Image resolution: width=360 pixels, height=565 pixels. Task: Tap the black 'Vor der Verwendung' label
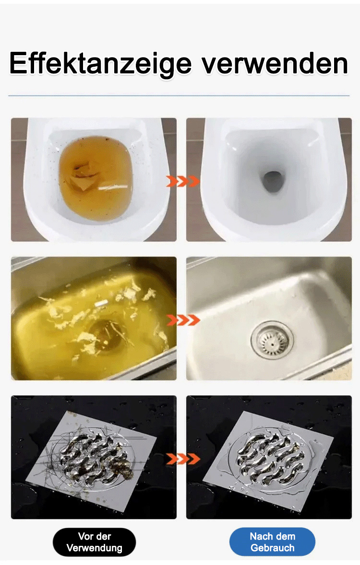pyautogui.click(x=94, y=542)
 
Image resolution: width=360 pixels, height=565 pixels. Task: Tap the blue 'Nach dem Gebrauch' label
pyautogui.click(x=272, y=542)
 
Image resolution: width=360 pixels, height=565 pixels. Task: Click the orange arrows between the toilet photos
pyautogui.click(x=183, y=181)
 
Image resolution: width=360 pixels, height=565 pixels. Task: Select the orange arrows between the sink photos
pyautogui.click(x=183, y=319)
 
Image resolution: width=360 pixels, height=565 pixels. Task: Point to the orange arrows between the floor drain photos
pyautogui.click(x=183, y=459)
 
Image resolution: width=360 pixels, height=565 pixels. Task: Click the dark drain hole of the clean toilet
pyautogui.click(x=272, y=182)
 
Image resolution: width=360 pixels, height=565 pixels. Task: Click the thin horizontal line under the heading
pyautogui.click(x=179, y=96)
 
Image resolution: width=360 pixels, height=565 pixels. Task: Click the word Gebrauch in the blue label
pyautogui.click(x=272, y=548)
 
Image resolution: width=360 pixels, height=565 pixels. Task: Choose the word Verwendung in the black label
pyautogui.click(x=94, y=548)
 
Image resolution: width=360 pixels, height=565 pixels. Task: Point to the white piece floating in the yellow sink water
pyautogui.click(x=102, y=304)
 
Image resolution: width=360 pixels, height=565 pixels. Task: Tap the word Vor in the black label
pyautogui.click(x=85, y=536)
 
